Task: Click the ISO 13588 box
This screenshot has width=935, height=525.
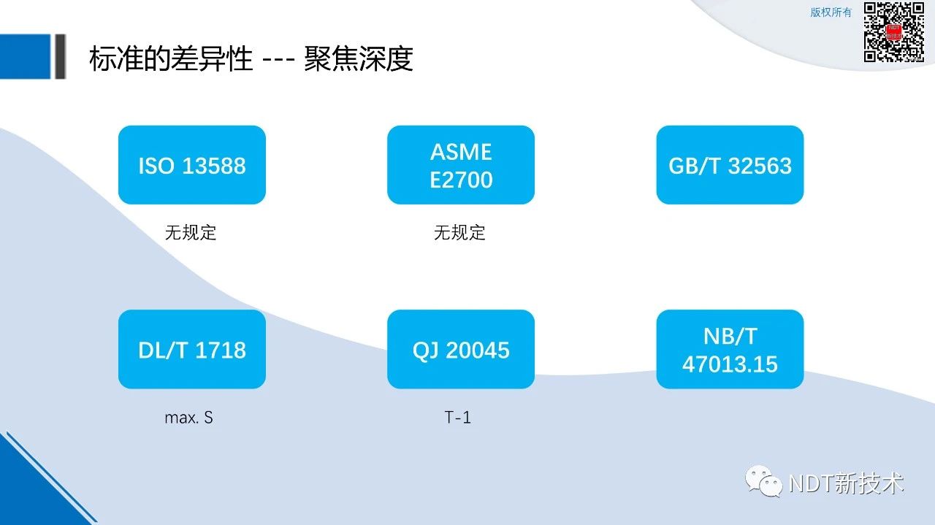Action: click(192, 165)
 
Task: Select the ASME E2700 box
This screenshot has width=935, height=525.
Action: click(461, 165)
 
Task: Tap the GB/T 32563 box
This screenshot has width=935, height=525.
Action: click(730, 165)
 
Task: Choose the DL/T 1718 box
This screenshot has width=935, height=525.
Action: click(192, 349)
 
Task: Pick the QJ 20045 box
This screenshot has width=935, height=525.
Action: click(461, 349)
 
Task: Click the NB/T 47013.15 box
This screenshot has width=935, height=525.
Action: click(730, 349)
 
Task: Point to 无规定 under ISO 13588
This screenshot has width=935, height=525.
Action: click(191, 232)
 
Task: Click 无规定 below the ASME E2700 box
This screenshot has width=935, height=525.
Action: click(459, 232)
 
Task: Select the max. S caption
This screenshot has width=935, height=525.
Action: click(189, 418)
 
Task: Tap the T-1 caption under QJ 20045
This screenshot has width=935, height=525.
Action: click(458, 418)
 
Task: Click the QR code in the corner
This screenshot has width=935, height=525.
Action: click(893, 32)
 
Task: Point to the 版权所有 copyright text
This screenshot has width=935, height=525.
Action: click(831, 12)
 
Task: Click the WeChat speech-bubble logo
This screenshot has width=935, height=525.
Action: click(764, 481)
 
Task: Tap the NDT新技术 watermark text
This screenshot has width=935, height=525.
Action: click(847, 483)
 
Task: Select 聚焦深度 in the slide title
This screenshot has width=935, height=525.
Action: click(359, 58)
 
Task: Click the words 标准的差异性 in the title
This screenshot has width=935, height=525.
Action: click(171, 58)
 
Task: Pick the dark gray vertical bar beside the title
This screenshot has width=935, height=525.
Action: click(60, 56)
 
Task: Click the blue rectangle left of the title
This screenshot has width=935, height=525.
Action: click(25, 56)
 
